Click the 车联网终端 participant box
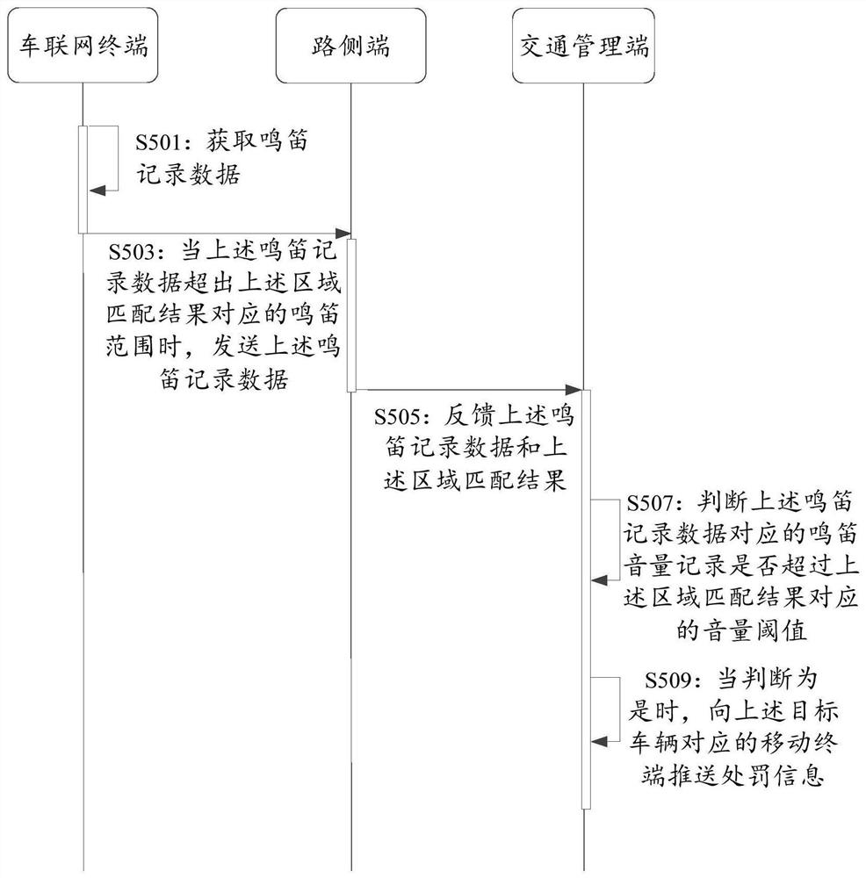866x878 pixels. click(x=83, y=46)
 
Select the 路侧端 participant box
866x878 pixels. click(x=350, y=46)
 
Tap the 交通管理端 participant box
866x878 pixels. click(x=583, y=46)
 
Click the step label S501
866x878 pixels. click(x=158, y=142)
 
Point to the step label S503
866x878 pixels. click(x=131, y=252)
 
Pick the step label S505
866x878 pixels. click(x=397, y=416)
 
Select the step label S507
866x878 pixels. click(x=649, y=503)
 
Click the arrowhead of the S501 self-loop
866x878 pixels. click(x=97, y=191)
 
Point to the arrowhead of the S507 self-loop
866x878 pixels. click(x=599, y=580)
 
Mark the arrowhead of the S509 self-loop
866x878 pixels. click(x=599, y=742)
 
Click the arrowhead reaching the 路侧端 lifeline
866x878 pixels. click(x=343, y=233)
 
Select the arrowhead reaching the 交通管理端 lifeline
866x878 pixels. click(x=574, y=390)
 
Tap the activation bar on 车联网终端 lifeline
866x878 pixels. click(x=83, y=179)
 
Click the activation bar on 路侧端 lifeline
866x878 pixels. click(x=351, y=315)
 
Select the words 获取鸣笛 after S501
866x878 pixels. click(x=257, y=141)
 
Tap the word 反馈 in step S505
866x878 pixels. click(x=470, y=416)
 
